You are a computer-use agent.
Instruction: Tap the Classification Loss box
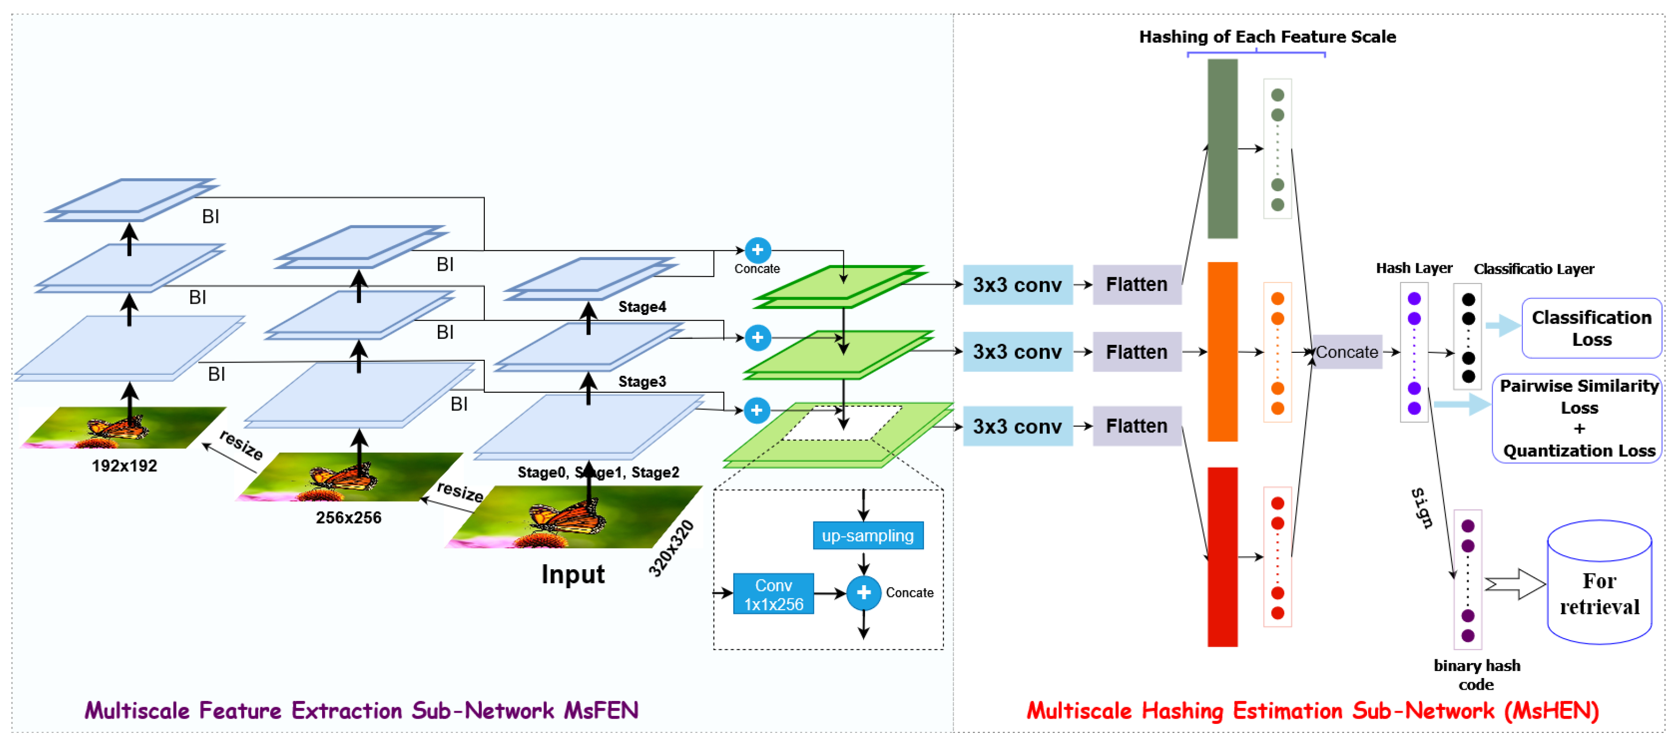(x=1592, y=328)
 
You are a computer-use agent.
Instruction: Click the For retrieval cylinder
(x=1600, y=582)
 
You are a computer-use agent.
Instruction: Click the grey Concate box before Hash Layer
(x=1347, y=352)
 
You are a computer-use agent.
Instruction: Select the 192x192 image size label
(x=124, y=466)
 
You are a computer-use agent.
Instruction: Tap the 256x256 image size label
(x=348, y=518)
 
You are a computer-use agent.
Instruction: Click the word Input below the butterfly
(x=573, y=574)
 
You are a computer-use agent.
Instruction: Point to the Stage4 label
(x=642, y=306)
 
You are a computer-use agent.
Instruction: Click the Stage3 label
(x=642, y=381)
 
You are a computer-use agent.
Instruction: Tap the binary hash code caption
(x=1476, y=675)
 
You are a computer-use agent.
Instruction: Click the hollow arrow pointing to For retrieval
(x=1515, y=584)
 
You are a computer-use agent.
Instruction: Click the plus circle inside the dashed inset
(x=864, y=593)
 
